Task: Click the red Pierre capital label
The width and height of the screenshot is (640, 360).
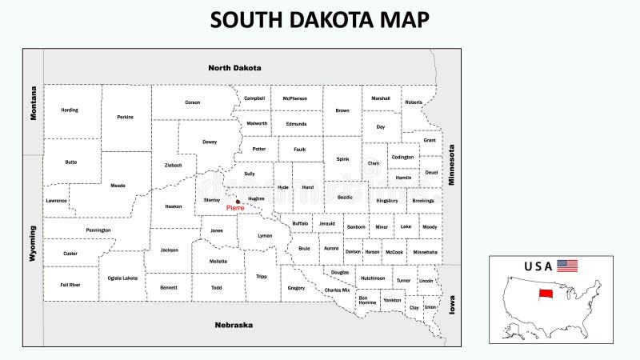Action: pyautogui.click(x=235, y=208)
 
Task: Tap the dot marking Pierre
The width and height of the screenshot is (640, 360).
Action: pyautogui.click(x=238, y=202)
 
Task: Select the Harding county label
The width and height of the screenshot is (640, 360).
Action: pyautogui.click(x=70, y=110)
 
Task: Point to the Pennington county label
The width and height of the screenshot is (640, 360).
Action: pyautogui.click(x=98, y=230)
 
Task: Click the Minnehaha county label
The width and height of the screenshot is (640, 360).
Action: pyautogui.click(x=426, y=252)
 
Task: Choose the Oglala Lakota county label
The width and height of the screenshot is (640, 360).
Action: pyautogui.click(x=122, y=278)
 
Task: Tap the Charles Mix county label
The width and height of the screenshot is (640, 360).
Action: pyautogui.click(x=338, y=290)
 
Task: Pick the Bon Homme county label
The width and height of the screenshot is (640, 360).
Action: pyautogui.click(x=368, y=301)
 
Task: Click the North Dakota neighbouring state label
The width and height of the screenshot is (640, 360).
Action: pyautogui.click(x=234, y=68)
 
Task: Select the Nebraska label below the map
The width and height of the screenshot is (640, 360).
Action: pyautogui.click(x=234, y=325)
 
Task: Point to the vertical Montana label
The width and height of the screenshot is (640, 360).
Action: pyautogui.click(x=34, y=103)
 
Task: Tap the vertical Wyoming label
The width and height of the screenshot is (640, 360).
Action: pyautogui.click(x=34, y=243)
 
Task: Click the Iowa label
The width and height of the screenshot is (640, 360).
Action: pyautogui.click(x=451, y=304)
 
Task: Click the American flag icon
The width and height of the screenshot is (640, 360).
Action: pyautogui.click(x=567, y=266)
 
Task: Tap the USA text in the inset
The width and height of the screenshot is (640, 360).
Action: pyautogui.click(x=538, y=266)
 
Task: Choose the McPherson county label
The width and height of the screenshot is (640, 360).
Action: pyautogui.click(x=294, y=98)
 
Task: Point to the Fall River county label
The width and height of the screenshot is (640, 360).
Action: pyautogui.click(x=70, y=285)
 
